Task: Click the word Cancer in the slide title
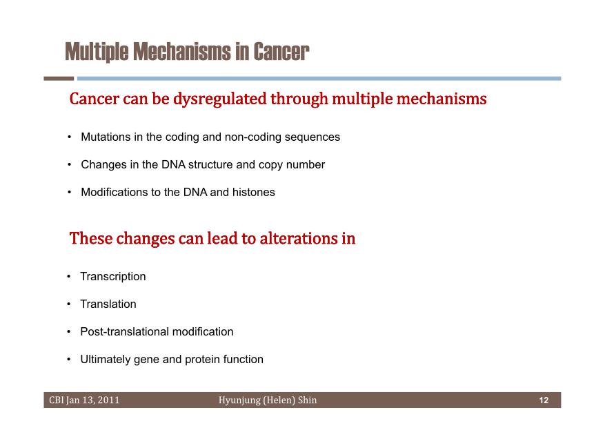281,52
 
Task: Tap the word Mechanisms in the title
181,52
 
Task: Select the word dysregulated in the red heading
220,99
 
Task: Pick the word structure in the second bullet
210,165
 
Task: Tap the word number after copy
305,165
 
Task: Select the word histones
253,192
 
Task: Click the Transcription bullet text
113,277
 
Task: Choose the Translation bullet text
108,304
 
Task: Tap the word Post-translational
124,332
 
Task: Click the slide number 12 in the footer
544,400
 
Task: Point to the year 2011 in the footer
108,400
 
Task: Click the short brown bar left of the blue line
59,78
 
